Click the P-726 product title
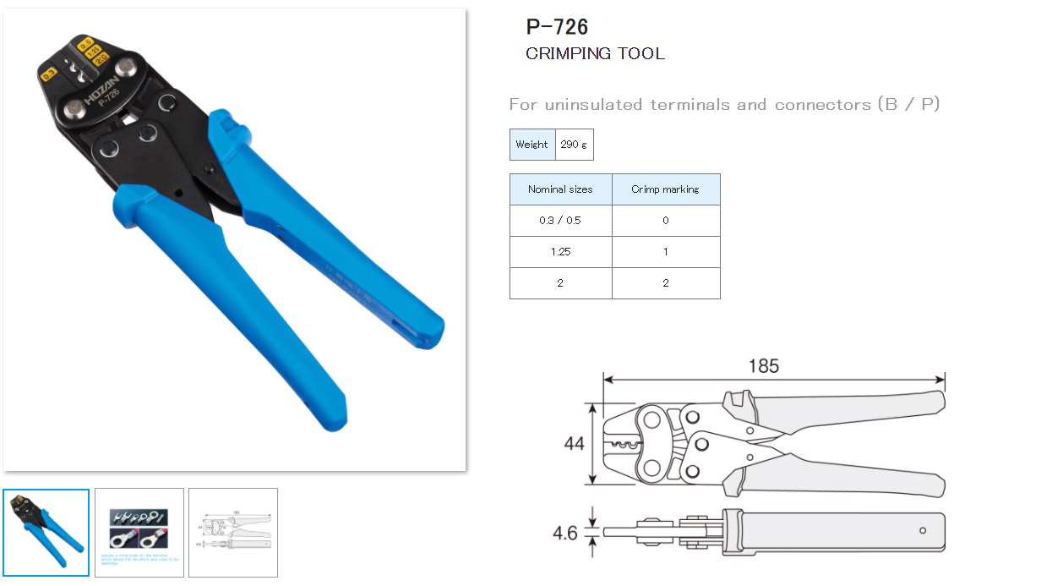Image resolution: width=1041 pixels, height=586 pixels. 557,27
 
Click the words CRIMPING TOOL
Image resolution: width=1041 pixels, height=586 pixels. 595,54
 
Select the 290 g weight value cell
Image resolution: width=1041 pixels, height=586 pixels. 574,145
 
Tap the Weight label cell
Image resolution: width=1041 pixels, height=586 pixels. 531,145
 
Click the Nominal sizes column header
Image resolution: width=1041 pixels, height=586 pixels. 560,189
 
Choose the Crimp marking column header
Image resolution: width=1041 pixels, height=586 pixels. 665,189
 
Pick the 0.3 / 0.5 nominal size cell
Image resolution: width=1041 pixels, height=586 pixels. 560,221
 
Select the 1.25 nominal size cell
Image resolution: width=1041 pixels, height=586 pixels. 560,252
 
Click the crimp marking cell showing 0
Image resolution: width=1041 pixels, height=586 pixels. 665,221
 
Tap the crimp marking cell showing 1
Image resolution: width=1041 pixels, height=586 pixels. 665,252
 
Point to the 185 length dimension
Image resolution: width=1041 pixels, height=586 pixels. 763,366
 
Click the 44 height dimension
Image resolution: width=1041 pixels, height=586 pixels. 575,444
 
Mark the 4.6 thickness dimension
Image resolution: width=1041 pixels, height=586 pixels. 564,534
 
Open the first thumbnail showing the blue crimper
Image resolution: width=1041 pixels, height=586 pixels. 46,533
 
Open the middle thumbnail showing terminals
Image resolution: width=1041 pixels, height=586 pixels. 139,533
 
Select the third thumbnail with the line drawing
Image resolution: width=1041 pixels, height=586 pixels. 233,533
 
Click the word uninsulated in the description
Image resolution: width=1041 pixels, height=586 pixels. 594,105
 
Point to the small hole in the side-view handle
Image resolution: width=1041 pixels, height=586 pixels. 922,531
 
